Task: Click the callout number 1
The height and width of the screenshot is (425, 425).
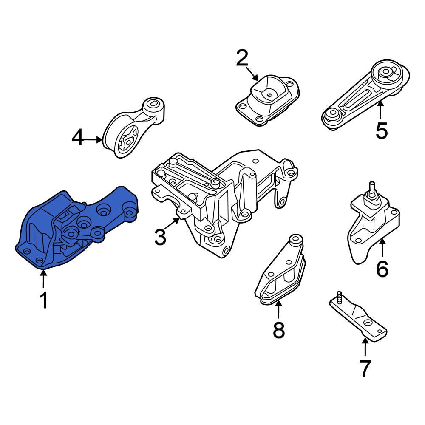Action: click(x=43, y=300)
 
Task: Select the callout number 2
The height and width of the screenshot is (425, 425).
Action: click(x=242, y=58)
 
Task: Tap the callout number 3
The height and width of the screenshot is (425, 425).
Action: click(x=160, y=237)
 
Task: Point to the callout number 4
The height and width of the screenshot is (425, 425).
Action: click(x=78, y=138)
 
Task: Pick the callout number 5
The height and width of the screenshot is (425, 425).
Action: click(x=381, y=130)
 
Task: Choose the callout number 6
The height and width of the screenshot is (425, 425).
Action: click(x=382, y=269)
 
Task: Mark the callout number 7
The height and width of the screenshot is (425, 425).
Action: click(x=365, y=368)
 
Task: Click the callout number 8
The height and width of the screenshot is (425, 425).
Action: click(x=278, y=330)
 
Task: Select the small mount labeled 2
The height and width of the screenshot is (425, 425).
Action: click(x=268, y=100)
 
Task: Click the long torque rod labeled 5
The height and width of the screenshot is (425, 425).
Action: click(x=361, y=98)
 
